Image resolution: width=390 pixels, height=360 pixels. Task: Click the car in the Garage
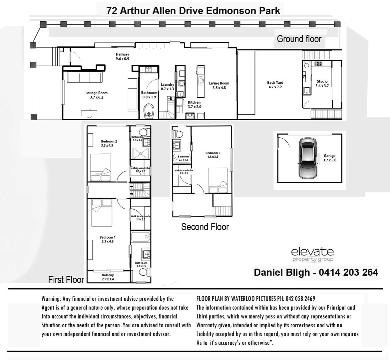coord(308,158)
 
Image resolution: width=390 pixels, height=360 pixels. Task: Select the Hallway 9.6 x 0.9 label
coord(123,56)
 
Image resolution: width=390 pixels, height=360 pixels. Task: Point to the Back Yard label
coord(275,85)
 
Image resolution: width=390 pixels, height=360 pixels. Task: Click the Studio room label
coord(322,83)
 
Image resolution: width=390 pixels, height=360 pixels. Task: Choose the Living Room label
coord(219,85)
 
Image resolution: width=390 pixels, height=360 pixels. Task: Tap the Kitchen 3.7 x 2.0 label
coord(194,105)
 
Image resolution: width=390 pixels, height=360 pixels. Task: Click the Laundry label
coord(168,87)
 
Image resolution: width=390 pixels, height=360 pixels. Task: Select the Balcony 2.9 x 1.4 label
coord(108,277)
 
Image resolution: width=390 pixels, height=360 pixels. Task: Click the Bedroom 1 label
coord(107,239)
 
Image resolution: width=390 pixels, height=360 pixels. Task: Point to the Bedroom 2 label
coord(109,143)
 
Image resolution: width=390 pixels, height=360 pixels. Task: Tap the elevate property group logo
coord(312,254)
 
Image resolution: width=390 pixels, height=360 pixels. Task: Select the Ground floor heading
coord(299,39)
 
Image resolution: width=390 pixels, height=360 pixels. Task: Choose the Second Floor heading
coord(205,227)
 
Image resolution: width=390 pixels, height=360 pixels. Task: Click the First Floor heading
coord(66,279)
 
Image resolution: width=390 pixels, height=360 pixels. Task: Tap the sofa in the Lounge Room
coord(85,78)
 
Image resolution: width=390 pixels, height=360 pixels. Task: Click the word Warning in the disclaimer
coord(51,299)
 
